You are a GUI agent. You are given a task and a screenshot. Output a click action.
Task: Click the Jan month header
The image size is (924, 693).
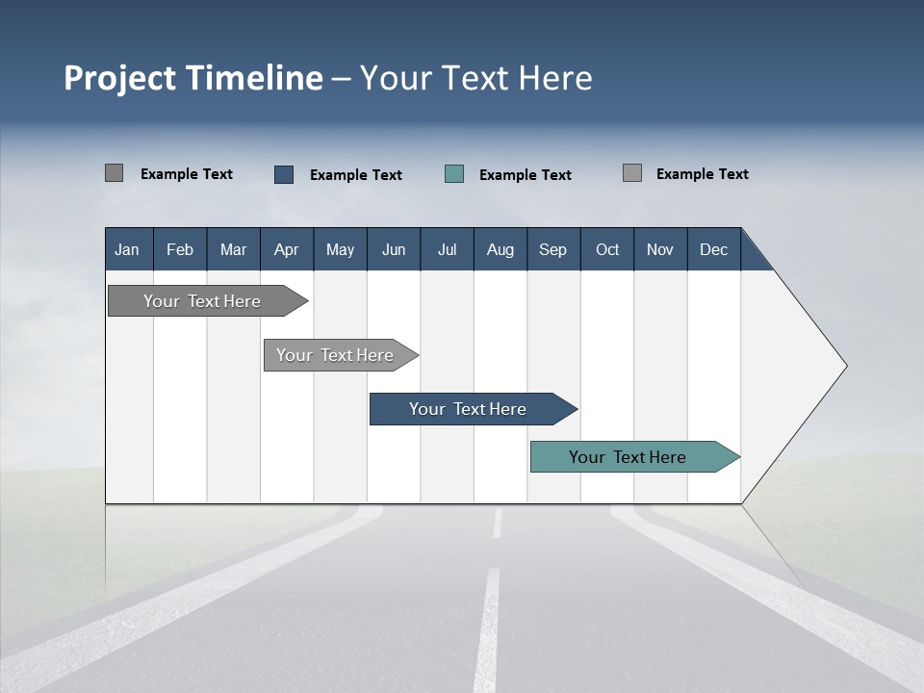127,249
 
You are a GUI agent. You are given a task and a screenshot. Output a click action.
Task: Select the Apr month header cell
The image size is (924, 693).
286,249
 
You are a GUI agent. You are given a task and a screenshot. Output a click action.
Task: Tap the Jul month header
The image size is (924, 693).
447,249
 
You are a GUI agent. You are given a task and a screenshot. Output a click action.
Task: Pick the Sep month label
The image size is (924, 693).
552,249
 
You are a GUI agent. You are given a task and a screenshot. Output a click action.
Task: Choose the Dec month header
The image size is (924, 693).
713,249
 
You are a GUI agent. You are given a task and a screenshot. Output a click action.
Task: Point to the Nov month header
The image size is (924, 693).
659,249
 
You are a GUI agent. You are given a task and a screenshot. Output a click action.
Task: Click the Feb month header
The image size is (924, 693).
180,249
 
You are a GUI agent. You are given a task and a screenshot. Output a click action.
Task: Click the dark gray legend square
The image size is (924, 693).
114,173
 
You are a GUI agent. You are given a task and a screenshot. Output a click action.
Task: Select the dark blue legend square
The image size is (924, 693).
284,174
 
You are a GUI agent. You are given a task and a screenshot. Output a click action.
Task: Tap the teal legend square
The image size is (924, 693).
454,174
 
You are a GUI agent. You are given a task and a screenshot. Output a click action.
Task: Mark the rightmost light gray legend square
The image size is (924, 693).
631,173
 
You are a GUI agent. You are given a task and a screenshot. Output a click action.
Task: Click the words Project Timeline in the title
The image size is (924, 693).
192,78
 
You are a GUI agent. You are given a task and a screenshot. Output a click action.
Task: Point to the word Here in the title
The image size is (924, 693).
555,78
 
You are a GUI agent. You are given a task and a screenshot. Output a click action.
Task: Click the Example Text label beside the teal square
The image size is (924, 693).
525,175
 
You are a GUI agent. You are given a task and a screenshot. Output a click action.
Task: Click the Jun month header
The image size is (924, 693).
394,249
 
